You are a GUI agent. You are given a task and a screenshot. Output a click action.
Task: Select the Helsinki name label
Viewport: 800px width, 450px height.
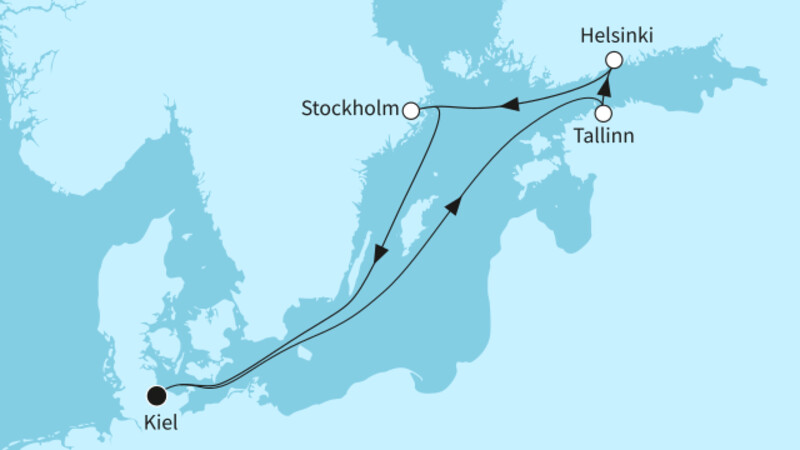click(x=617, y=36)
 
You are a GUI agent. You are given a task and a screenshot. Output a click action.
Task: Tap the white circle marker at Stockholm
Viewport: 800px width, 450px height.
click(x=410, y=110)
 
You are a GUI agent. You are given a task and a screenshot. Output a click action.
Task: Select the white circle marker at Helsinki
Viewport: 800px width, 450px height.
click(x=614, y=60)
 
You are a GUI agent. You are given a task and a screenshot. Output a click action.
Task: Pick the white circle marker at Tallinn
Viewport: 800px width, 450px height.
click(x=603, y=113)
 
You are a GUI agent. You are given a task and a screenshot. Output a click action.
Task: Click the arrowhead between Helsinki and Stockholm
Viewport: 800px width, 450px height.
click(x=509, y=103)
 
